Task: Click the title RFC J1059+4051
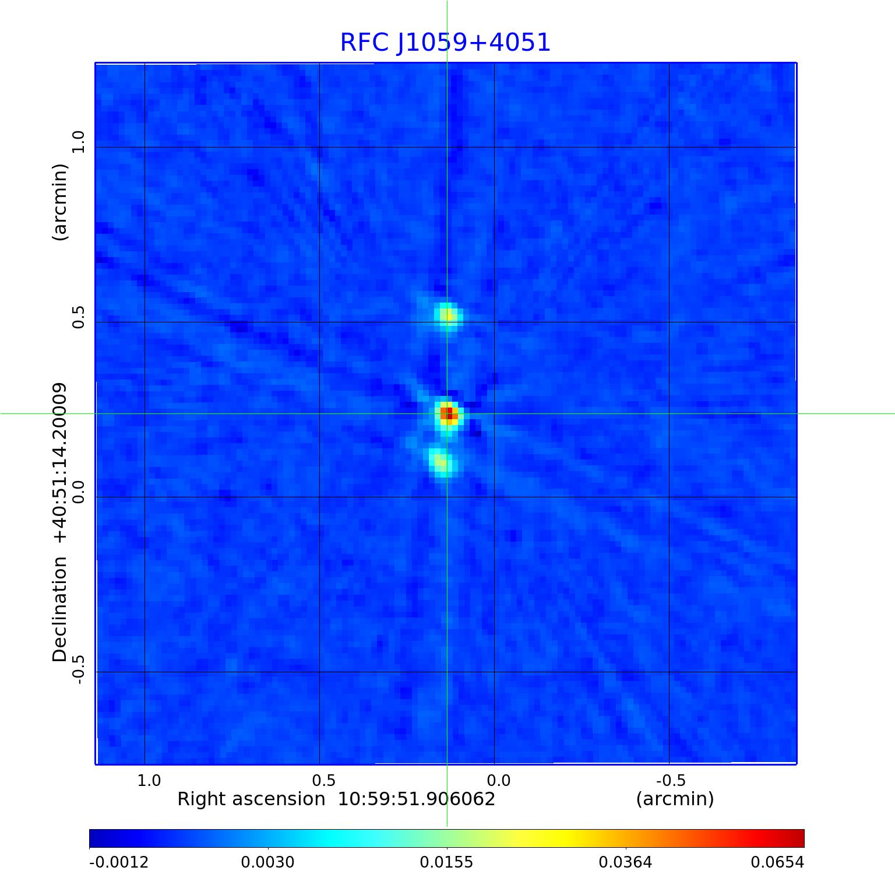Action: tap(445, 43)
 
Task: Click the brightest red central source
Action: tap(447, 413)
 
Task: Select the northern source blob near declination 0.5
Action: tap(447, 316)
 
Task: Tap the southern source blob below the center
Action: tap(441, 462)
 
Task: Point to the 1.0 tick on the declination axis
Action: tap(78, 142)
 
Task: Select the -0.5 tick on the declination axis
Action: tap(78, 669)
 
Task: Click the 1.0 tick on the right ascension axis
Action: tap(149, 780)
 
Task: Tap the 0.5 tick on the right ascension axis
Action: tap(323, 780)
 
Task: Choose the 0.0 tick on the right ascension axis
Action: tap(498, 780)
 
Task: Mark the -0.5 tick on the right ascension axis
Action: tap(671, 780)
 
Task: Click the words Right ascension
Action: tap(251, 799)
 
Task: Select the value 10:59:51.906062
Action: tap(417, 799)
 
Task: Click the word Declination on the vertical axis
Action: tap(60, 609)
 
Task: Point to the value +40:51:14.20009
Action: tap(60, 464)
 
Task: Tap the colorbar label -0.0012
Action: tap(119, 862)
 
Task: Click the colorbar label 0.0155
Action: tap(447, 862)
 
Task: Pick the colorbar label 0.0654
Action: tap(777, 862)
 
